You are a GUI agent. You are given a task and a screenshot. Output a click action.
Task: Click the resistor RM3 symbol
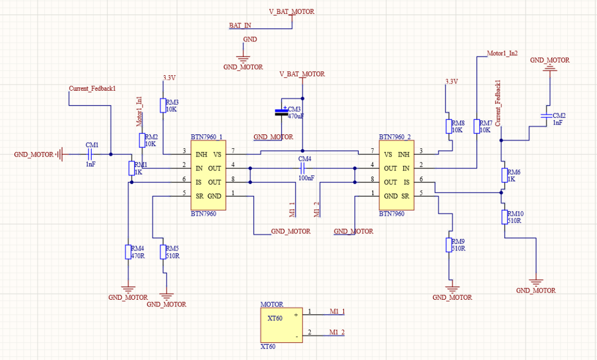tap(163, 106)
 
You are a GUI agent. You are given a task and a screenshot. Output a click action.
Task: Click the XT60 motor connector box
tap(281, 325)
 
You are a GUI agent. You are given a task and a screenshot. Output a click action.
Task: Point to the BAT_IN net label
tap(240, 25)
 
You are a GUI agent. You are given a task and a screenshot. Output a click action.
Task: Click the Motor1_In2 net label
tap(502, 54)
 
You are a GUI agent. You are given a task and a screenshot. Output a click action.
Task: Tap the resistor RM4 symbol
tap(128, 252)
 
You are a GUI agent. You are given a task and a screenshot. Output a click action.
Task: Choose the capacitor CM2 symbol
tap(547, 116)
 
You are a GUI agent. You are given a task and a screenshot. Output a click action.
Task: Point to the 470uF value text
tap(296, 117)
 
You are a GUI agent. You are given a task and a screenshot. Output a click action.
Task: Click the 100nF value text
tap(306, 178)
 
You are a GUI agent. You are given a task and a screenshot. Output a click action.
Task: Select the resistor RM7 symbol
tap(476, 127)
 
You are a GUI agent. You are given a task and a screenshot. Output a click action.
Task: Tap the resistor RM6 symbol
tap(504, 175)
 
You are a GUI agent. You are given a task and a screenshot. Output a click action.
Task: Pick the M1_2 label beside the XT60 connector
tap(337, 332)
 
